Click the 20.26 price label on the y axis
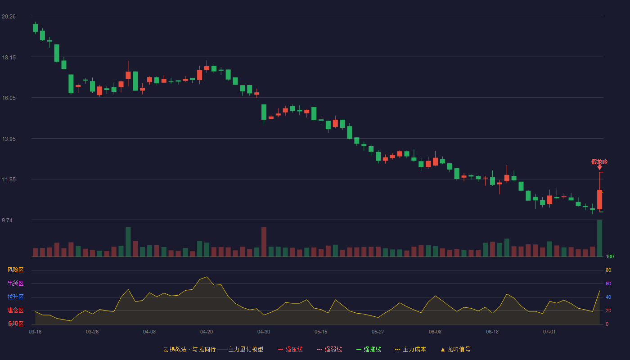[x=9, y=17]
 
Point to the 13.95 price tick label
[x=9, y=139]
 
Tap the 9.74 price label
[x=7, y=220]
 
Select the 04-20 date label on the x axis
[x=207, y=332]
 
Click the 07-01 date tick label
[x=549, y=332]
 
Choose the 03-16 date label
[x=35, y=332]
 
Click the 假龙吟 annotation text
[x=599, y=162]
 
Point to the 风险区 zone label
[x=15, y=270]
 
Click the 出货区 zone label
[x=15, y=283]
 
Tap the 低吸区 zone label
[x=15, y=324]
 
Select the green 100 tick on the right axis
[x=610, y=256]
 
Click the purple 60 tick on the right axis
[x=608, y=283]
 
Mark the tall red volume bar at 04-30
[x=264, y=242]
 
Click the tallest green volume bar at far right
[x=599, y=238]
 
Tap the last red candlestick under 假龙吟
[x=599, y=199]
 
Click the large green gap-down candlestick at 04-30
[x=264, y=112]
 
